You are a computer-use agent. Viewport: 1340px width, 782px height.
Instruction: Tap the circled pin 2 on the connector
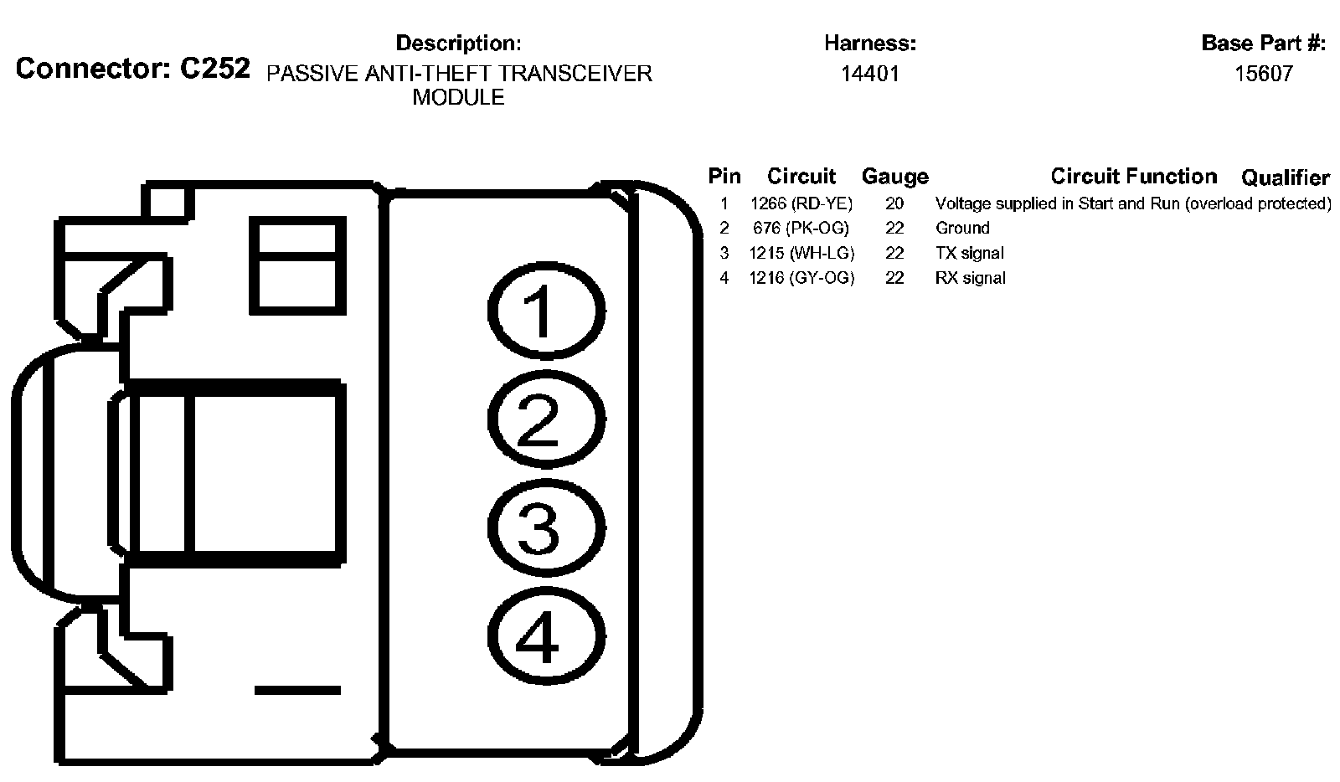(545, 419)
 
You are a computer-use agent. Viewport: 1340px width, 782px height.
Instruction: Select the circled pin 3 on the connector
(545, 528)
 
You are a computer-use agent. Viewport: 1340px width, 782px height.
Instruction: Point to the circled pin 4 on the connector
(545, 637)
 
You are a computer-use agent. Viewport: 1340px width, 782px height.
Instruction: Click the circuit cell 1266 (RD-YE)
(801, 203)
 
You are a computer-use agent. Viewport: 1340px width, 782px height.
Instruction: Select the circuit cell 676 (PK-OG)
(801, 228)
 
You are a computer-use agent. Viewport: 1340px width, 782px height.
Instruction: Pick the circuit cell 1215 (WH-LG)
(801, 253)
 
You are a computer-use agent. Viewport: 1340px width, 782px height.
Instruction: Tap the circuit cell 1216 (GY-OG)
(801, 278)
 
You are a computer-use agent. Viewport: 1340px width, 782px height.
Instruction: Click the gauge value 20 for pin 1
(894, 203)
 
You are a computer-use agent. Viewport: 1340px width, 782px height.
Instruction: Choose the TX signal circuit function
(969, 253)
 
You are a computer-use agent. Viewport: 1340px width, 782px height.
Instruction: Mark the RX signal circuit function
(970, 278)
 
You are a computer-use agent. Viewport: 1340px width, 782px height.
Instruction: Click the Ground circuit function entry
(962, 228)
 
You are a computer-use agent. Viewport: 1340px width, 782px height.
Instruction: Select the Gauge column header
(894, 177)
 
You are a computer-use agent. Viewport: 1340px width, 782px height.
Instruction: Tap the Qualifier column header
(1285, 177)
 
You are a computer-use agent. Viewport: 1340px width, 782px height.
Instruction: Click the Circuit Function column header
(1133, 177)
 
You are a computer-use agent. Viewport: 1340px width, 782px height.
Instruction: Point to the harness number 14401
(870, 74)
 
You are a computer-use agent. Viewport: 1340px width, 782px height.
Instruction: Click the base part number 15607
(1264, 74)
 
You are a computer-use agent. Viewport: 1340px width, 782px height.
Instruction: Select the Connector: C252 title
(132, 69)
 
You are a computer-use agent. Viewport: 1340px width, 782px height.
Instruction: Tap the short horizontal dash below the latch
(297, 690)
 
